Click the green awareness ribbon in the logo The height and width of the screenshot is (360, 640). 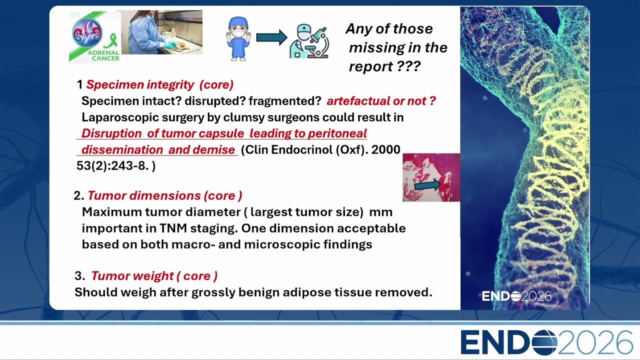tap(110, 41)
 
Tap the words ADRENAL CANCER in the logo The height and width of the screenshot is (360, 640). tap(103, 55)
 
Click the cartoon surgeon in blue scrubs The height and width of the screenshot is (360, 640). tap(238, 38)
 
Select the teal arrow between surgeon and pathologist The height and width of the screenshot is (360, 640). tap(271, 37)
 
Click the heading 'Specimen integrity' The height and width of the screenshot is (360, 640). tap(140, 84)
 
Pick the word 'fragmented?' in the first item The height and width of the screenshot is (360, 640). tap(285, 101)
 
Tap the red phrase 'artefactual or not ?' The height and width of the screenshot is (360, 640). tap(381, 101)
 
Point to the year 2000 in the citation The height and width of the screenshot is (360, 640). tap(385, 149)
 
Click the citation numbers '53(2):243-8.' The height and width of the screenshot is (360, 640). tap(112, 165)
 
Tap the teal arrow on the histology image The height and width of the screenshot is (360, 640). tap(427, 185)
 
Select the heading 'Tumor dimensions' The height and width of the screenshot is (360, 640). tap(144, 195)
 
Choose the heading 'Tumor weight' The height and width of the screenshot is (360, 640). tap(132, 276)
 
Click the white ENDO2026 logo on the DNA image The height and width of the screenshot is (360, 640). tap(516, 296)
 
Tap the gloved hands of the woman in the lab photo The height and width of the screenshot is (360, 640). tap(172, 44)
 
